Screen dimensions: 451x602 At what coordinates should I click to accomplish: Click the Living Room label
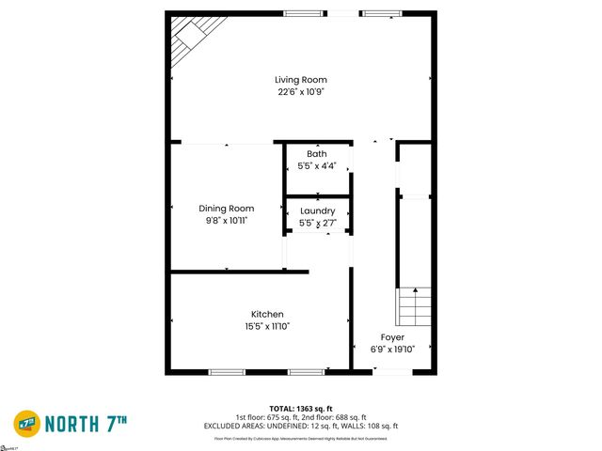[x=301, y=80]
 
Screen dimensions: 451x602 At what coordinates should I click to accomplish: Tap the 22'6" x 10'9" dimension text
[x=301, y=92]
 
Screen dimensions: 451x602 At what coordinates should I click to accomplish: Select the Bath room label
[x=317, y=154]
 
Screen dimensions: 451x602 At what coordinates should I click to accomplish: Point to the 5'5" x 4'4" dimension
[x=317, y=166]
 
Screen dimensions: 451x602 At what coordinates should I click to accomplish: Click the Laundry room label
[x=317, y=211]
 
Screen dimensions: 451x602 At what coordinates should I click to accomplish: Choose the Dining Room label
[x=227, y=208]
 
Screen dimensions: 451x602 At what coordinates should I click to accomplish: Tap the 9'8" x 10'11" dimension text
[x=227, y=220]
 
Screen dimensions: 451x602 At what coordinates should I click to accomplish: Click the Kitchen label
[x=267, y=314]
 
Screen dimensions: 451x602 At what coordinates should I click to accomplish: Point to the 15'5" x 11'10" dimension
[x=267, y=326]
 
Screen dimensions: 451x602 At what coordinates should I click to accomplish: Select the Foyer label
[x=392, y=337]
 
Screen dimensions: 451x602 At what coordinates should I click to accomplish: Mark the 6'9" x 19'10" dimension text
[x=392, y=350]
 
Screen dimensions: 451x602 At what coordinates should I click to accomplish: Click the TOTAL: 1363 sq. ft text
[x=301, y=407]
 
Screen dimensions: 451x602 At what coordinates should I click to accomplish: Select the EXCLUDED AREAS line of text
[x=301, y=427]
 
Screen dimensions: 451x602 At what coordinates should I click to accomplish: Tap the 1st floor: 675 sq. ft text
[x=267, y=417]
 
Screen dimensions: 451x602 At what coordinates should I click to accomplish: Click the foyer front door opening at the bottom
[x=391, y=372]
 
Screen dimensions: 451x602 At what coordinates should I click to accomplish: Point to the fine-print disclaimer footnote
[x=301, y=438]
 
